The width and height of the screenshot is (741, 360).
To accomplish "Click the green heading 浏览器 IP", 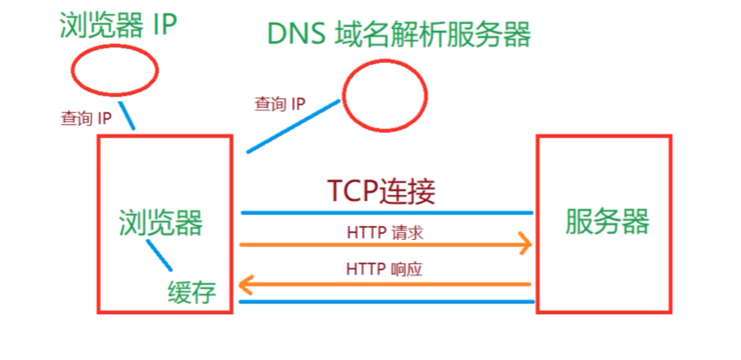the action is [x=118, y=26].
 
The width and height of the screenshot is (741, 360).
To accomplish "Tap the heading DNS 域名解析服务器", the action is [x=398, y=35].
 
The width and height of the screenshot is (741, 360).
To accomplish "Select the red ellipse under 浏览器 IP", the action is [x=114, y=70].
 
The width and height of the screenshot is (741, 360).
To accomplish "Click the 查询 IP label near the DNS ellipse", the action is [x=280, y=104].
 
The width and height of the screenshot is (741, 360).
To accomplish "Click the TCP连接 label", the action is [x=381, y=190].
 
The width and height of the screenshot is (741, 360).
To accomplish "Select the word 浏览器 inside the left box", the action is [x=161, y=222].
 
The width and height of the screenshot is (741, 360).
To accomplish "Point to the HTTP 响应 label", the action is [x=384, y=269].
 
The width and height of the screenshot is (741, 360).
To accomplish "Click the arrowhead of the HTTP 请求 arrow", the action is [x=524, y=244].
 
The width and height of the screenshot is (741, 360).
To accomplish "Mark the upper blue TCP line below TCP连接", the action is [x=386, y=212].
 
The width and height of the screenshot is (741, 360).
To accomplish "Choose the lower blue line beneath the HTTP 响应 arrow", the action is [x=386, y=301].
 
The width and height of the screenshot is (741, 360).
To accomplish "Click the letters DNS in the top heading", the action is [x=294, y=35].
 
